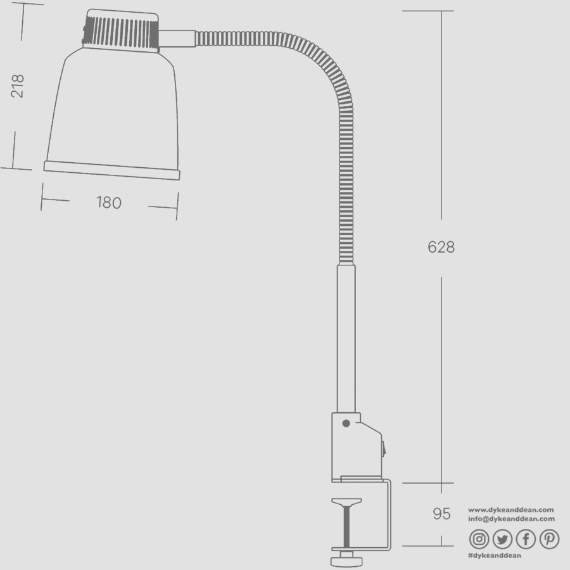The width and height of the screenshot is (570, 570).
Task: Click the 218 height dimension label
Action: (18, 85)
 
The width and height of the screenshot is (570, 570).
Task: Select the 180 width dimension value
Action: (108, 203)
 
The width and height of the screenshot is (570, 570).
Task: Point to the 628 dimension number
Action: (441, 247)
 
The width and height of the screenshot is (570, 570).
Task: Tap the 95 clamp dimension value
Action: (441, 514)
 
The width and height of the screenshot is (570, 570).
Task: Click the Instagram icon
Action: (479, 539)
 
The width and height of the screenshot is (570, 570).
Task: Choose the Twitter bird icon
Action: (502, 539)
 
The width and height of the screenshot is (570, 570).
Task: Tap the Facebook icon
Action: (526, 539)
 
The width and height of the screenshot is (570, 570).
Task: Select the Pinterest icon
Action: (549, 539)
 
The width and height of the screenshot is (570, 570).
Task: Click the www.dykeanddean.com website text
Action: (510, 509)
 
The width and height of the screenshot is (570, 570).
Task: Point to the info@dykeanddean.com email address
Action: (511, 519)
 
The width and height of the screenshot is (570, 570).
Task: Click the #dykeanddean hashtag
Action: (494, 555)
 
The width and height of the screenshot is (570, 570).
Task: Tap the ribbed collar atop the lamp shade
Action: (120, 30)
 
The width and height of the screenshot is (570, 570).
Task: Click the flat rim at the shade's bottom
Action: (111, 170)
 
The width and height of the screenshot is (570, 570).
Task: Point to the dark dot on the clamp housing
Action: (346, 423)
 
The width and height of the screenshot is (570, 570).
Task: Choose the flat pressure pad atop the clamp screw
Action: (346, 503)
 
